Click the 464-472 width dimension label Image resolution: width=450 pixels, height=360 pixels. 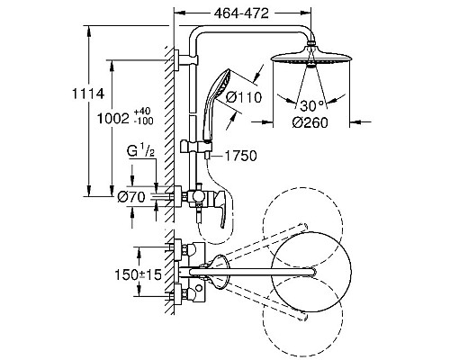pos(241,13)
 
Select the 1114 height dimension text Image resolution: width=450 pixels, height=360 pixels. pos(88,94)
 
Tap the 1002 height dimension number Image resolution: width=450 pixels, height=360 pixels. pos(112,119)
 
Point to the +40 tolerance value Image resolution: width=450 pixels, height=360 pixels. pos(142,112)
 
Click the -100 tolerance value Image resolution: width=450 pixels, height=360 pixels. pos(144,121)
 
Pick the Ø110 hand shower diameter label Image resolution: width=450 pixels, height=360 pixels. pos(244,97)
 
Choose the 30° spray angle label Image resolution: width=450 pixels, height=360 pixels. pos(312,106)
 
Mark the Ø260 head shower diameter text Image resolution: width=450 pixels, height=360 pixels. pos(310,122)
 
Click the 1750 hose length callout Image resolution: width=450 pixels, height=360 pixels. pos(241,156)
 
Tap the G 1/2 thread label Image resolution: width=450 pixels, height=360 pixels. pos(140,152)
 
